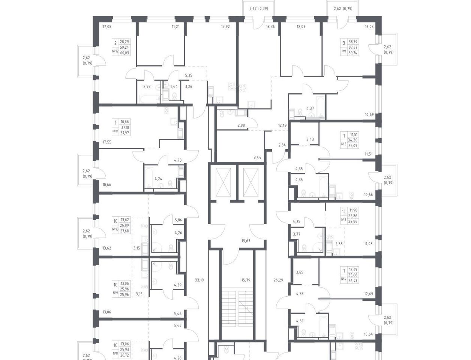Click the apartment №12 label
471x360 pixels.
tap(115, 51)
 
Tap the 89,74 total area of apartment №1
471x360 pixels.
tap(353, 53)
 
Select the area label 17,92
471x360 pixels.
tap(225, 27)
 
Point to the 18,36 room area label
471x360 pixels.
tap(270, 27)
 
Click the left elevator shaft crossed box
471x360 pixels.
tap(223, 182)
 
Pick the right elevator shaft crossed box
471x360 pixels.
tap(251, 182)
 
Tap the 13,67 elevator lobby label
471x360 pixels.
tap(246, 241)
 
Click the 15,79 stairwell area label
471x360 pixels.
tap(246, 280)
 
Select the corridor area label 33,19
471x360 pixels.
tap(199, 280)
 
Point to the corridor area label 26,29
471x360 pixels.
tap(278, 280)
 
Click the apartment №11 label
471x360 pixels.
tap(115, 131)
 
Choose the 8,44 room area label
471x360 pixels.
tap(257, 157)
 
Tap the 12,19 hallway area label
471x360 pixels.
tap(282, 126)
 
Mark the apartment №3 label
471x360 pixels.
tap(344, 219)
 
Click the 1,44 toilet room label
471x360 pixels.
tap(174, 87)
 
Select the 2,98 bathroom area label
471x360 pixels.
tap(147, 87)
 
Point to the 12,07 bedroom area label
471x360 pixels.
tap(301, 27)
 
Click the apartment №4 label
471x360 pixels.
tap(344, 279)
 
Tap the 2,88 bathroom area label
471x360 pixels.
tap(241, 126)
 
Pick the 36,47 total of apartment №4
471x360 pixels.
tap(353, 281)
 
